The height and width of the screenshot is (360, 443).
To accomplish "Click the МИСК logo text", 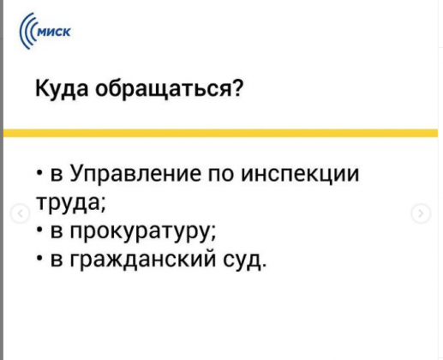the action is (x=54, y=33).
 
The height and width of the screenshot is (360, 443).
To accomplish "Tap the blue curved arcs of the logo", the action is (x=27, y=32).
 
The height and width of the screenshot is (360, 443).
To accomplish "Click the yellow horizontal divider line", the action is (x=220, y=133).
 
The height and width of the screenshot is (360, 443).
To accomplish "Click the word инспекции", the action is (x=300, y=174).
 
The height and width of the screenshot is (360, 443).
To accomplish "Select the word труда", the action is (x=68, y=202).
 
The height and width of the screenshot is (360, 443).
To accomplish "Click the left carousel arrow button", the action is (x=21, y=213).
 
